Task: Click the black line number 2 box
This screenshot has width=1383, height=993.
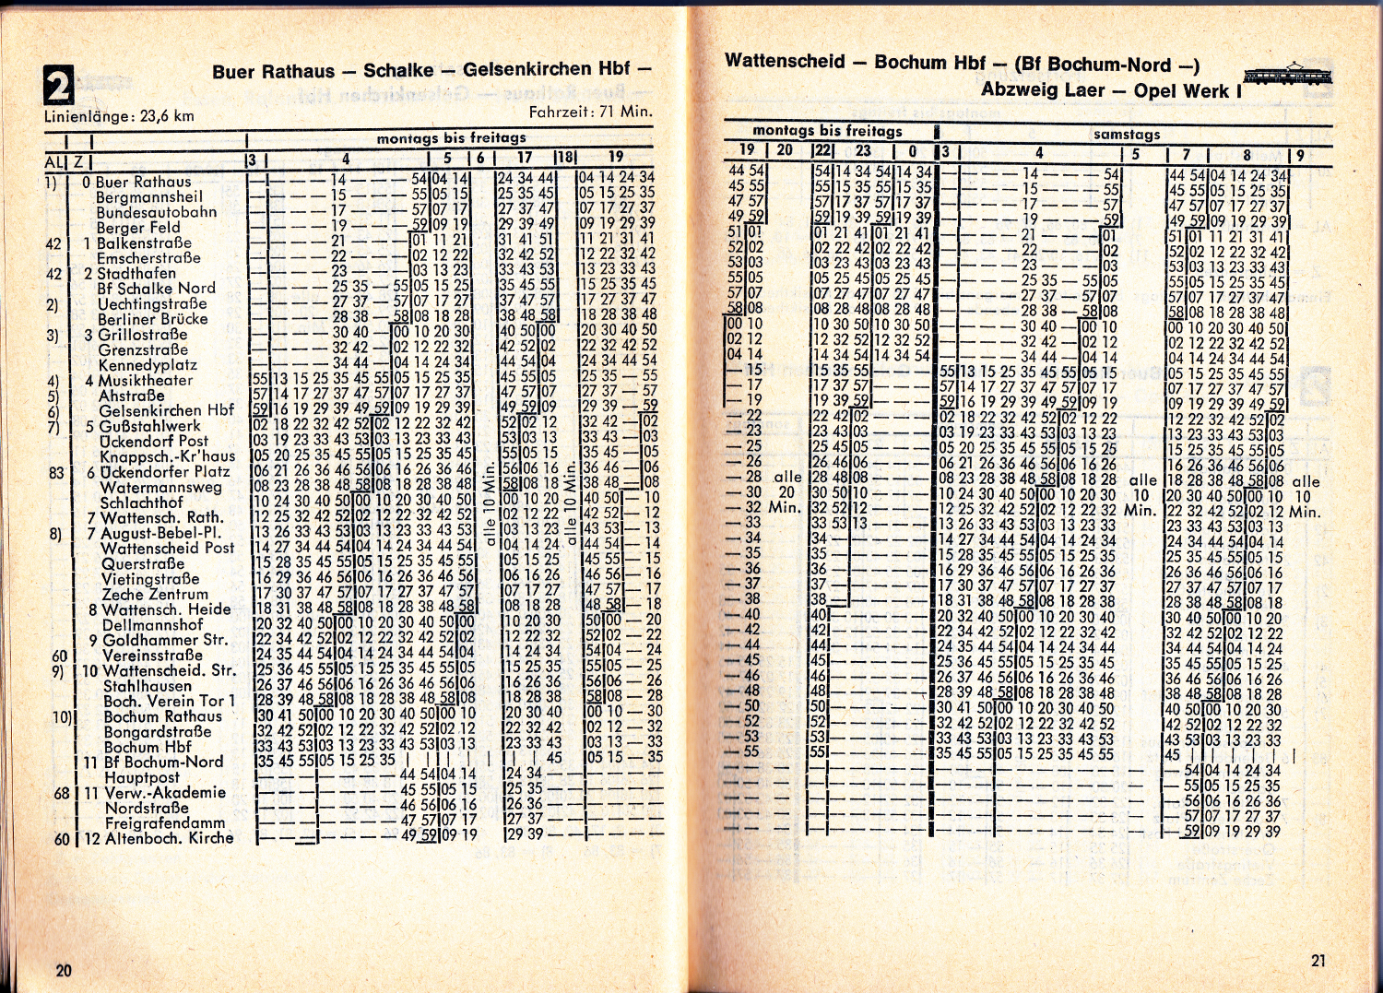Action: pyautogui.click(x=58, y=85)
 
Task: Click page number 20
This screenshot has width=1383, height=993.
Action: pyautogui.click(x=64, y=970)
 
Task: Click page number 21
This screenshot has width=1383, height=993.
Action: pyautogui.click(x=1318, y=960)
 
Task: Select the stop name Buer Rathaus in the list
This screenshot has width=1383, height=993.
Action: pyautogui.click(x=143, y=182)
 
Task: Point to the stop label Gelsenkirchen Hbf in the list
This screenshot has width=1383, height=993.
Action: pyautogui.click(x=167, y=410)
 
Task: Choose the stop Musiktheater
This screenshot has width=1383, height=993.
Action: pyautogui.click(x=146, y=380)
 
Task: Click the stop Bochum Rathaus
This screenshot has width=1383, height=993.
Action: pyautogui.click(x=163, y=716)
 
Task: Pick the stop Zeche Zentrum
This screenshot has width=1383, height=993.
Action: pyautogui.click(x=155, y=594)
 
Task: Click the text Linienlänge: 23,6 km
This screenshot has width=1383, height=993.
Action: pyautogui.click(x=120, y=116)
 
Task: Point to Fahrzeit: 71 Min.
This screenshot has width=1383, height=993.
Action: pyautogui.click(x=590, y=112)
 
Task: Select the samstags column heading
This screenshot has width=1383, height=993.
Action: pyautogui.click(x=1127, y=135)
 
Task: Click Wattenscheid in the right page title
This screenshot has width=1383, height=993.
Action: pyautogui.click(x=785, y=62)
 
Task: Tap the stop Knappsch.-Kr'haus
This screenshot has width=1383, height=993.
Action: pyautogui.click(x=168, y=456)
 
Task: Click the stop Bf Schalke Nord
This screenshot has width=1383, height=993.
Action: pyautogui.click(x=156, y=289)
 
